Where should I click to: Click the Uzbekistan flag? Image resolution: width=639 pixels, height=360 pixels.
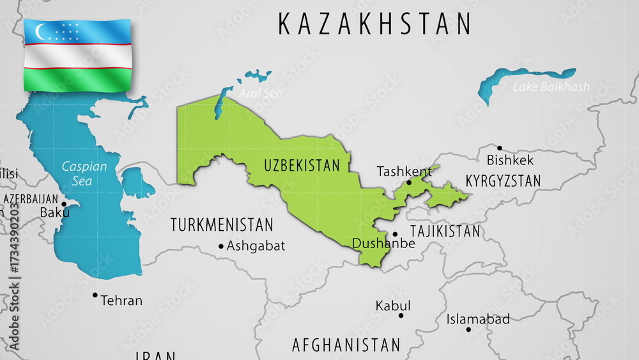pyautogui.click(x=77, y=55)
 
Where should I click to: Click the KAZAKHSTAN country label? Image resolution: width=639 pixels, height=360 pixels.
pyautogui.click(x=374, y=24)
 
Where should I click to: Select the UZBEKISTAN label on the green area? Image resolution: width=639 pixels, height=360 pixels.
pyautogui.click(x=302, y=166)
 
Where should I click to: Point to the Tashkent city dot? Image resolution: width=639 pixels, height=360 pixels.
pyautogui.click(x=409, y=182)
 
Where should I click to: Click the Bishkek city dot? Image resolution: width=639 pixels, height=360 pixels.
pyautogui.click(x=500, y=148)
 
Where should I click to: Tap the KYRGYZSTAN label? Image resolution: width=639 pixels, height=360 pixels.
pyautogui.click(x=503, y=181)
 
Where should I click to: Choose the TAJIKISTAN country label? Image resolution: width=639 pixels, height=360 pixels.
pyautogui.click(x=445, y=231)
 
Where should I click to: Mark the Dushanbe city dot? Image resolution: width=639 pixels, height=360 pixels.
pyautogui.click(x=395, y=234)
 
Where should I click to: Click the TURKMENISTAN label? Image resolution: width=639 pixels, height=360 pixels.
pyautogui.click(x=222, y=225)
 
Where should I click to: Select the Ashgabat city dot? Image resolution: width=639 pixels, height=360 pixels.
pyautogui.click(x=221, y=246)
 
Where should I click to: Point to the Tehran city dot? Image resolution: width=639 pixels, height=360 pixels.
pyautogui.click(x=95, y=295)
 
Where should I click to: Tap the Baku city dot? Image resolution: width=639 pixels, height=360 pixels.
pyautogui.click(x=63, y=204)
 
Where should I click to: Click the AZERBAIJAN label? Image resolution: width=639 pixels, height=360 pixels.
pyautogui.click(x=31, y=199)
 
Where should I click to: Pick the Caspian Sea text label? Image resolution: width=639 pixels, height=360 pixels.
pyautogui.click(x=84, y=173)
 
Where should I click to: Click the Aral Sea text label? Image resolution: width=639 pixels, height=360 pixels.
pyautogui.click(x=260, y=93)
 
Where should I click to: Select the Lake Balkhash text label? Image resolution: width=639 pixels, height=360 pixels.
pyautogui.click(x=551, y=86)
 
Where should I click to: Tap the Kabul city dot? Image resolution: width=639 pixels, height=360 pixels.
pyautogui.click(x=401, y=315)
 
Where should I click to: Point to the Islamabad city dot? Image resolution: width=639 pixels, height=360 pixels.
pyautogui.click(x=468, y=329)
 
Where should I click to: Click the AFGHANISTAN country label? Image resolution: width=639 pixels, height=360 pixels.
pyautogui.click(x=346, y=345)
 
